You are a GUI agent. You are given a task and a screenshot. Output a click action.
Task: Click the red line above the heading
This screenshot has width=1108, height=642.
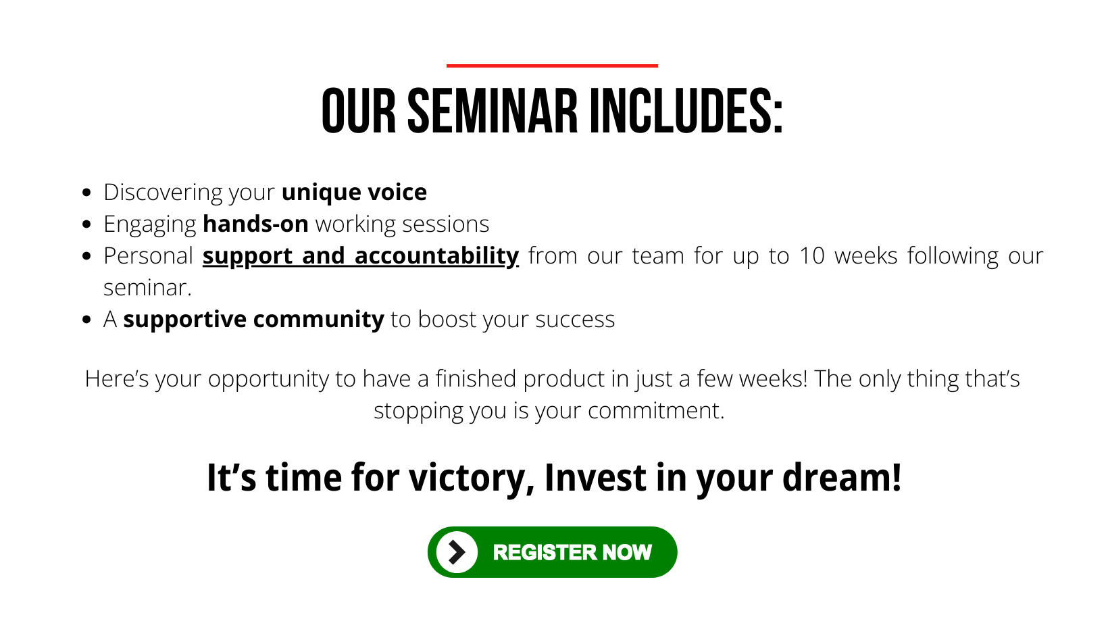[x=552, y=66]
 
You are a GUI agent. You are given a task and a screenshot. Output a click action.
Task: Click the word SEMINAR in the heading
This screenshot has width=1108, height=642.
[x=492, y=112]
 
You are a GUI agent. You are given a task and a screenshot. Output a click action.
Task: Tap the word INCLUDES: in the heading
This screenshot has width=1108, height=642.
[x=686, y=112]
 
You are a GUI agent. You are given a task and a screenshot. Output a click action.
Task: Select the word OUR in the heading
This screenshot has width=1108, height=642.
[x=359, y=112]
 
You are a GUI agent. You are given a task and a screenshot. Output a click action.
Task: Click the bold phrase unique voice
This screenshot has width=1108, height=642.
[x=354, y=192]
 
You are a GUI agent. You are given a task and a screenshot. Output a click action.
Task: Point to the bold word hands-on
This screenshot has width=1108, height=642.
[x=256, y=224]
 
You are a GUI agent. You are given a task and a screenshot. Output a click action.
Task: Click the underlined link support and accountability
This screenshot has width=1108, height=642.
[x=361, y=256]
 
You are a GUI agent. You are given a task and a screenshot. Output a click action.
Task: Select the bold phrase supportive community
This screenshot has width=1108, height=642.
[x=254, y=320]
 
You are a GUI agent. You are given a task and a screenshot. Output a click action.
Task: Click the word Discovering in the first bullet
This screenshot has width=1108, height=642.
[x=163, y=193]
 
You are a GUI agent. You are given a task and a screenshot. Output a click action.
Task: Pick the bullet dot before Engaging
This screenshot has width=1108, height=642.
[x=87, y=224]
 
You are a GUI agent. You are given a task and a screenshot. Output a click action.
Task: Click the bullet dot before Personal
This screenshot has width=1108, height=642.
[x=87, y=256]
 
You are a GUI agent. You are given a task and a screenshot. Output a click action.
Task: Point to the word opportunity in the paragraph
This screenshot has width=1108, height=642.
[x=268, y=379]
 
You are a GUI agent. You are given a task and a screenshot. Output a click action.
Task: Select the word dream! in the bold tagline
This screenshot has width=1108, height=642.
[x=842, y=477]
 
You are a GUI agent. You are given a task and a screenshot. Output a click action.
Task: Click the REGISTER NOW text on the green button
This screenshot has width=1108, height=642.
[x=572, y=553]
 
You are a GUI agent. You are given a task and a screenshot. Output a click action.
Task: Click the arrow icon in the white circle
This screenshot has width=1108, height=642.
[x=457, y=552]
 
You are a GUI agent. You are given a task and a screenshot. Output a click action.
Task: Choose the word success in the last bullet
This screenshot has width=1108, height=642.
[x=575, y=320]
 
